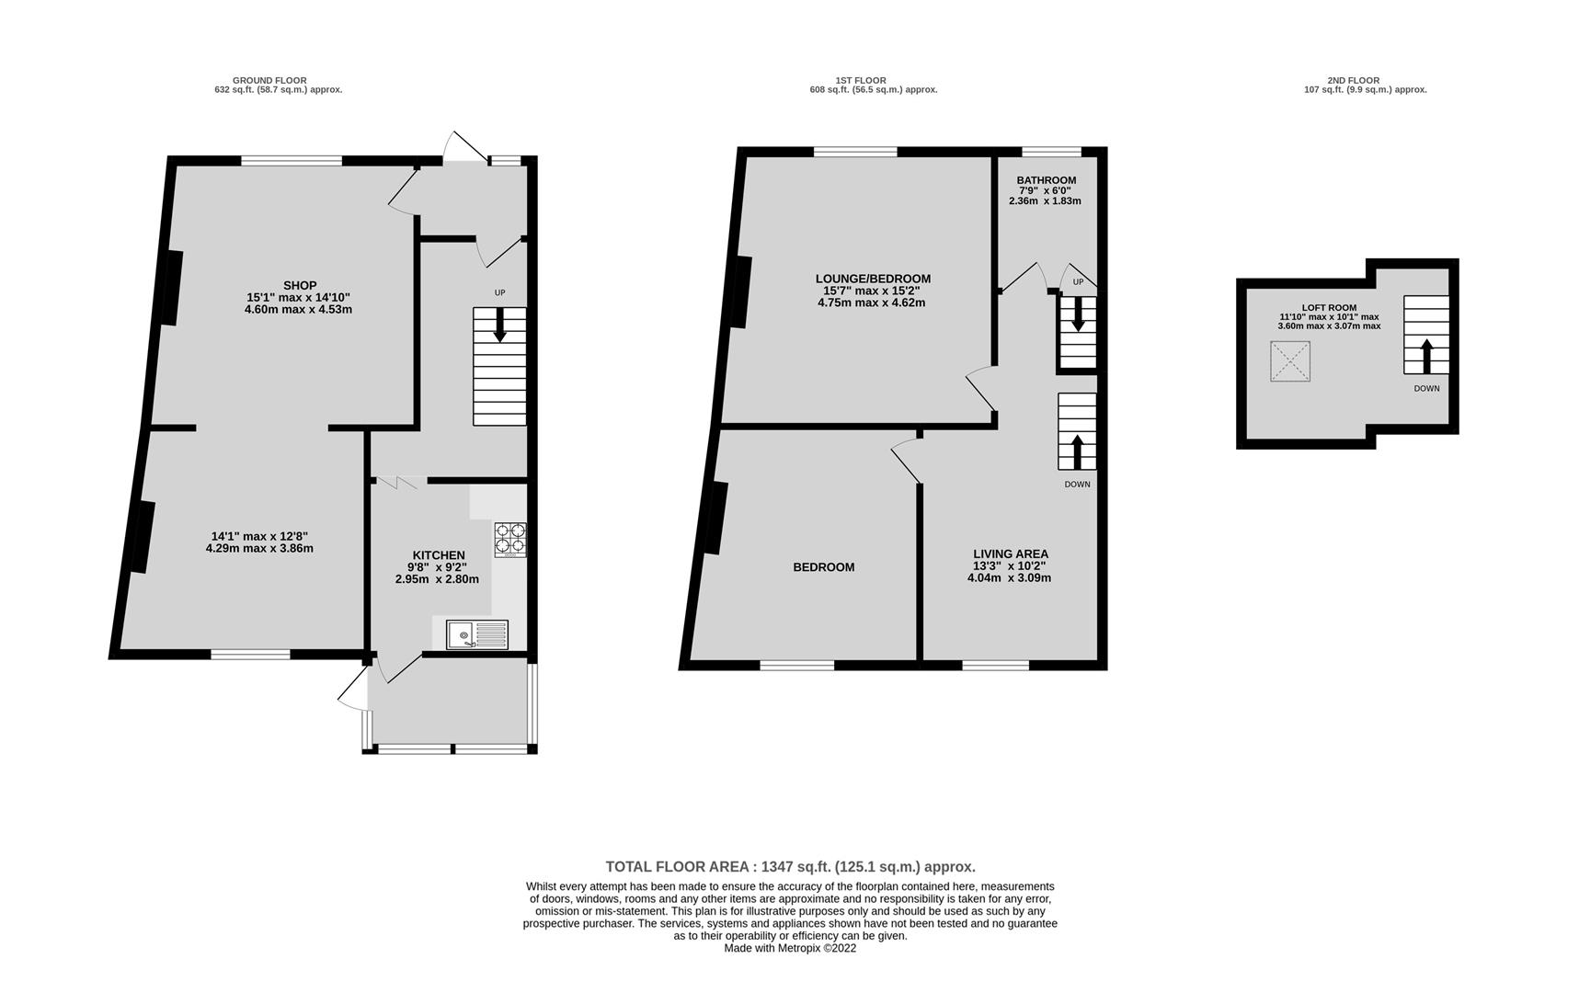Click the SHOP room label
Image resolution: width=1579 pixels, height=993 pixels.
pyautogui.click(x=300, y=285)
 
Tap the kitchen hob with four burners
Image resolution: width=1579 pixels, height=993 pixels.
pyautogui.click(x=510, y=540)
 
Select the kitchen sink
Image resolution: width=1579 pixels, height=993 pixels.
pyautogui.click(x=477, y=634)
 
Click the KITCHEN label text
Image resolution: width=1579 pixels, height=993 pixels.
pyautogui.click(x=439, y=555)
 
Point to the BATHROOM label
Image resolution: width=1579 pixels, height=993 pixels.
pyautogui.click(x=1047, y=180)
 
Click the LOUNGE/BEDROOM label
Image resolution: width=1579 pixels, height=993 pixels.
pyautogui.click(x=873, y=279)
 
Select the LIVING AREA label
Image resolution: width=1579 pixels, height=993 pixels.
pyautogui.click(x=1011, y=554)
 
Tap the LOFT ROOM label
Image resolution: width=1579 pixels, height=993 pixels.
pyautogui.click(x=1329, y=308)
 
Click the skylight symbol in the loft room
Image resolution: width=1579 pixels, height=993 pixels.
pyautogui.click(x=1290, y=360)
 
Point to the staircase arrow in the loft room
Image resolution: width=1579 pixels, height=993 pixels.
pyautogui.click(x=1426, y=354)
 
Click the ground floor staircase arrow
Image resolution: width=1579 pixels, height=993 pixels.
pyautogui.click(x=499, y=325)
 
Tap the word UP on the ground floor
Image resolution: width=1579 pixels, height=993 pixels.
pyautogui.click(x=499, y=292)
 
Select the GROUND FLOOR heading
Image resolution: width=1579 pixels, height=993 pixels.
pyautogui.click(x=269, y=80)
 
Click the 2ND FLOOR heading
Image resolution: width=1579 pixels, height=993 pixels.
pyautogui.click(x=1353, y=80)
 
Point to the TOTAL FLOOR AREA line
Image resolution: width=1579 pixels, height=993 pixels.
pyautogui.click(x=790, y=866)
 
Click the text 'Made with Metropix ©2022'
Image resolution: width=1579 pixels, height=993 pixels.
pyautogui.click(x=790, y=948)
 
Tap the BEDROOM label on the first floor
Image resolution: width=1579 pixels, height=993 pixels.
pyautogui.click(x=824, y=567)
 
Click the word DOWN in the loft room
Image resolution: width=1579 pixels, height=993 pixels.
pyautogui.click(x=1426, y=388)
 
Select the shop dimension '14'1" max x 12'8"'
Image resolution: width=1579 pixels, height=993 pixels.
pyautogui.click(x=259, y=536)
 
